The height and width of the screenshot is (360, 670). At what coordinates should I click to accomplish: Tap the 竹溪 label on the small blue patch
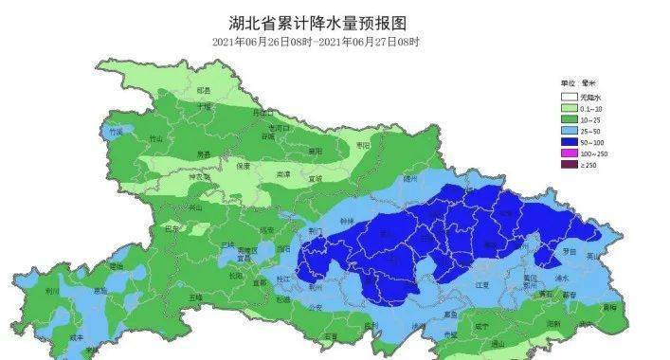[116, 133]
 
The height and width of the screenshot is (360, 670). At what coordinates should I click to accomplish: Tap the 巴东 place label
[172, 228]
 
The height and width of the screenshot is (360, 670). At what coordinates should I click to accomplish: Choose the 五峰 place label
[196, 297]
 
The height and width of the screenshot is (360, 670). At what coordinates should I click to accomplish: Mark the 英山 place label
[593, 255]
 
